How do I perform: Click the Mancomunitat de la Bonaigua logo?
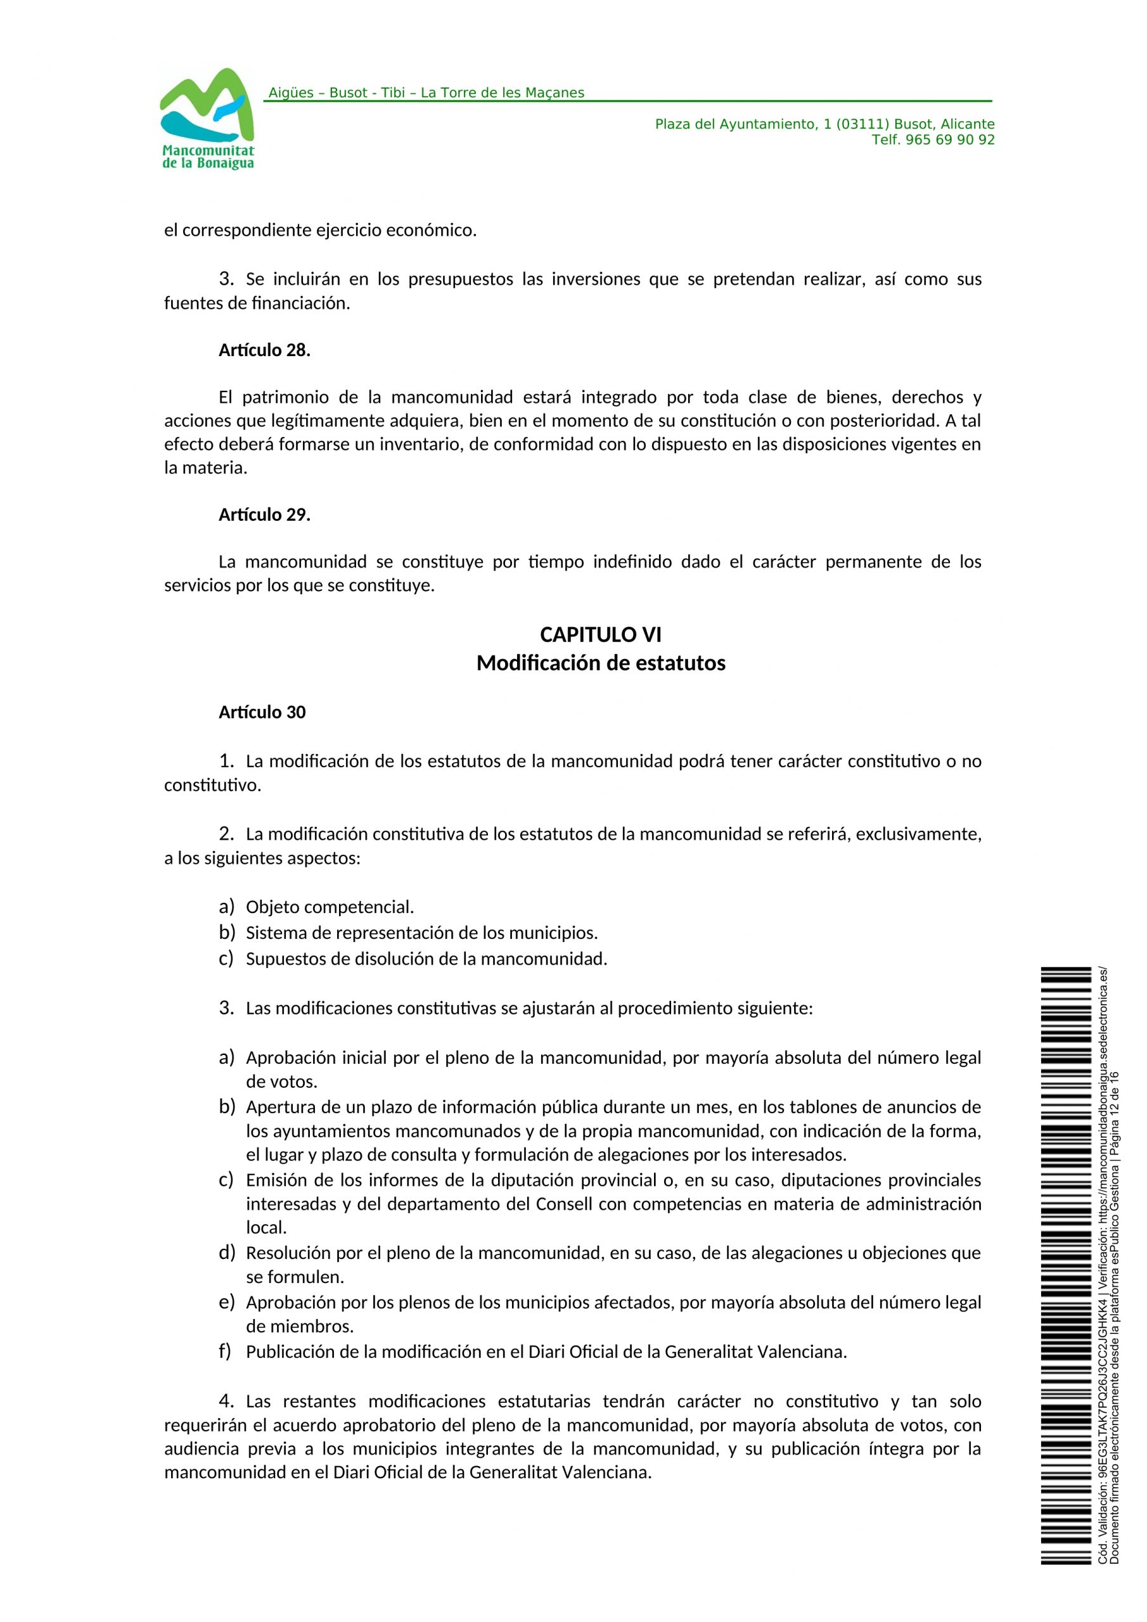click(x=207, y=118)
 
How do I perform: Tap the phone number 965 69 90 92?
click(x=949, y=140)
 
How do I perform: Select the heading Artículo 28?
click(x=264, y=350)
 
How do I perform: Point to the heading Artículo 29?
click(x=264, y=515)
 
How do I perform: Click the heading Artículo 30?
click(x=262, y=712)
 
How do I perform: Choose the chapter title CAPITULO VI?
click(x=601, y=634)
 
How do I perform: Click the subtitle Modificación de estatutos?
click(x=601, y=663)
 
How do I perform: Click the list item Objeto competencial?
click(x=330, y=907)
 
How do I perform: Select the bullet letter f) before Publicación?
click(x=226, y=1351)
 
